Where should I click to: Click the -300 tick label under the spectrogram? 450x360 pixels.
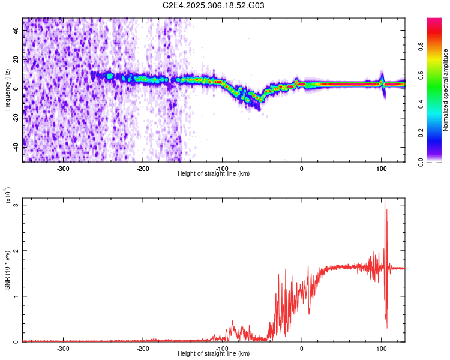tap(64, 168)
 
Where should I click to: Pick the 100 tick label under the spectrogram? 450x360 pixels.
tap(381, 168)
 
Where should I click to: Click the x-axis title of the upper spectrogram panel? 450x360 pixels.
tap(214, 174)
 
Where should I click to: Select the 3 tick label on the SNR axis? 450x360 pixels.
tap(16, 205)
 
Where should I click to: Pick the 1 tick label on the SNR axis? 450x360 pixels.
tap(16, 296)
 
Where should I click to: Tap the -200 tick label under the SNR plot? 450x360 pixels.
tap(143, 348)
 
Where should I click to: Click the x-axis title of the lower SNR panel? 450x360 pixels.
tap(214, 354)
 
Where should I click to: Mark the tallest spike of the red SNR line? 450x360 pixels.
tap(385, 200)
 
